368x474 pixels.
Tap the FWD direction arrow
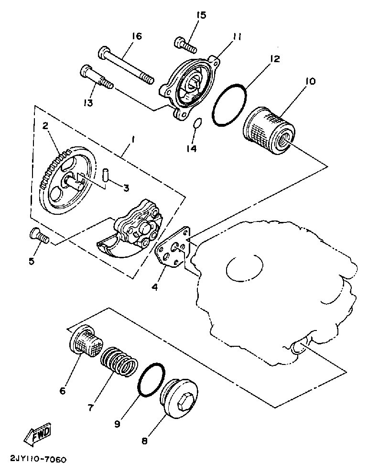coord(37,433)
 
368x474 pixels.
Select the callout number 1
coord(133,140)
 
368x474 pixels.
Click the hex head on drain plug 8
coord(186,405)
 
